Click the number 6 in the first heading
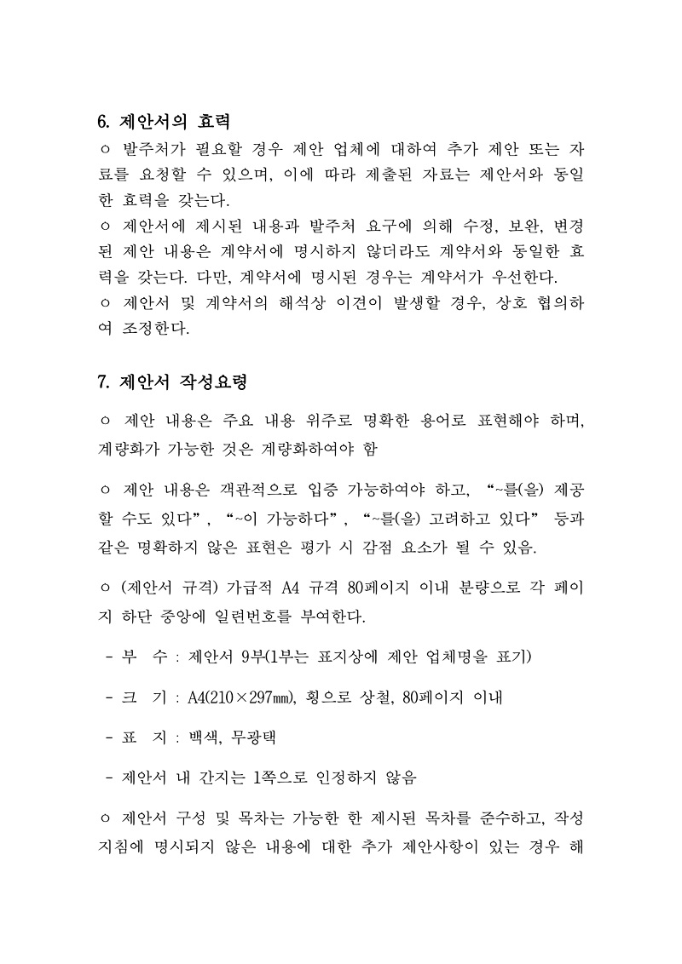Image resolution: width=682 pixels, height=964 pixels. (x=104, y=121)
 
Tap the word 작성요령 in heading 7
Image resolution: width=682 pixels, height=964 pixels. (x=212, y=382)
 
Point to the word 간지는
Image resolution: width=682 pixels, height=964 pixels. (x=228, y=778)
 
